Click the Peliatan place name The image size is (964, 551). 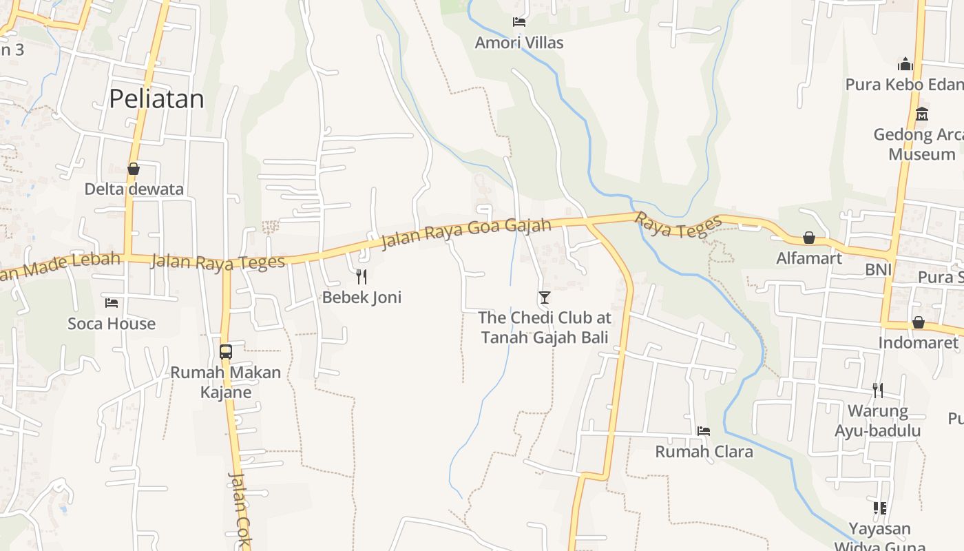(x=156, y=99)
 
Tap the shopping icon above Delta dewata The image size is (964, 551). (x=134, y=169)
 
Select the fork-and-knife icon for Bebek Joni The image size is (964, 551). (x=361, y=277)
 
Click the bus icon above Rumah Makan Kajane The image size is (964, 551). (x=226, y=351)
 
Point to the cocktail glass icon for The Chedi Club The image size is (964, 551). (x=545, y=298)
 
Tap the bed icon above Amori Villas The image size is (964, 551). (x=519, y=22)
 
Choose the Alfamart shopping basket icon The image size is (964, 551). (x=809, y=238)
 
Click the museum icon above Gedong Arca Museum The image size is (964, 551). (x=922, y=114)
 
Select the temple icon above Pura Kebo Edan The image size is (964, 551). (x=905, y=65)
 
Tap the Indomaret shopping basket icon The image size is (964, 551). (x=918, y=322)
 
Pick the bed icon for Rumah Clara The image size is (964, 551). (x=704, y=431)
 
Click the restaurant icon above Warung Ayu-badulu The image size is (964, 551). (x=878, y=391)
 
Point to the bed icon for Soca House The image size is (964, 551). (x=112, y=303)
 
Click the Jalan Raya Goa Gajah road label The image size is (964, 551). (x=466, y=233)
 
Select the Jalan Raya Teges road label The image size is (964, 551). (x=217, y=262)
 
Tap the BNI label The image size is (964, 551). (x=879, y=269)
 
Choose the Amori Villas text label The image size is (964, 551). (x=519, y=43)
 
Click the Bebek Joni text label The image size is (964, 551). (x=361, y=298)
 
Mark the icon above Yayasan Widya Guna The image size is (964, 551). (x=879, y=508)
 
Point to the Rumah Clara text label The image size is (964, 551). (x=704, y=452)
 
